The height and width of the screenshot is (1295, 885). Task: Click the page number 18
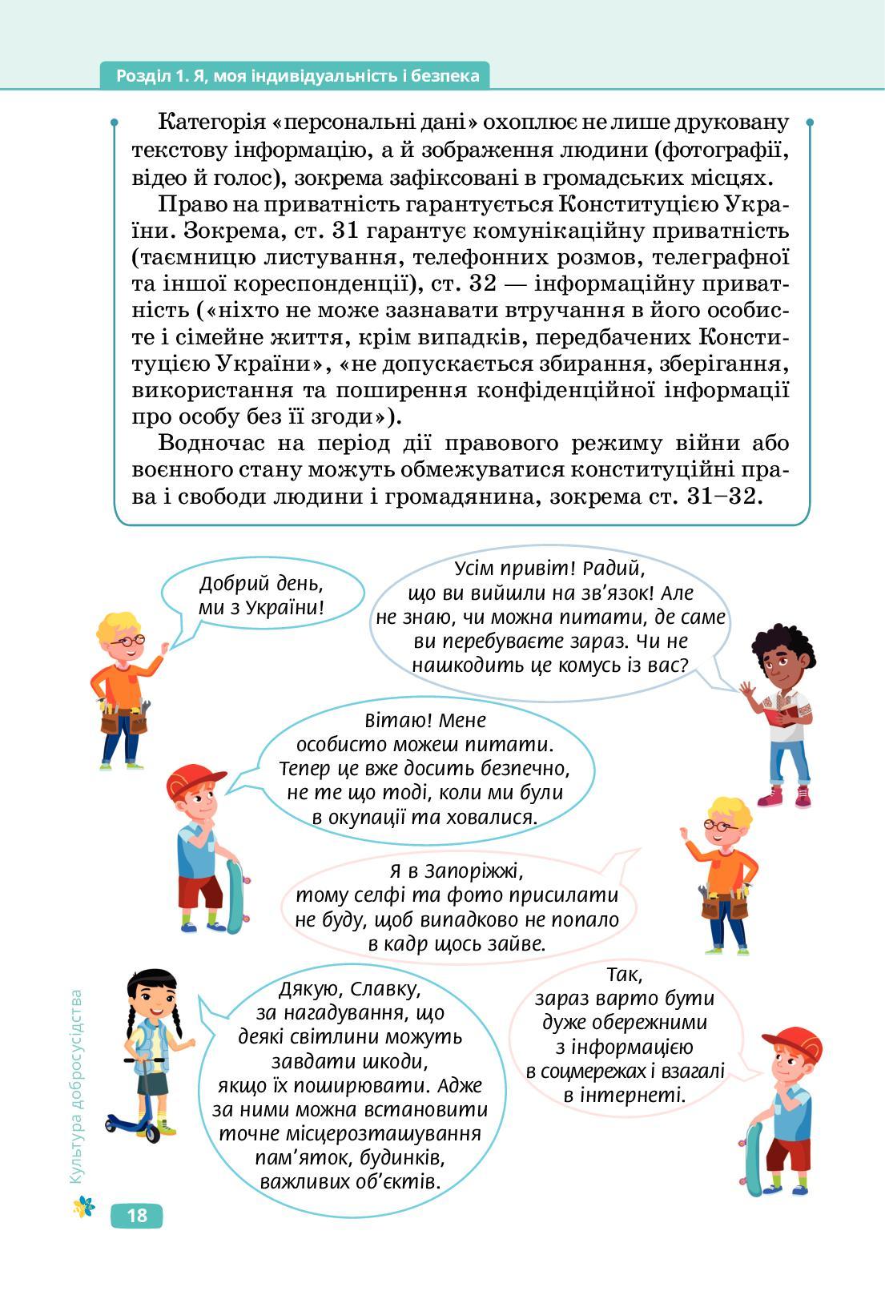point(137,1215)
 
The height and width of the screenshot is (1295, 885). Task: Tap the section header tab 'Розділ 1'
point(296,76)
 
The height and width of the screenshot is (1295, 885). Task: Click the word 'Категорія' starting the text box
point(211,123)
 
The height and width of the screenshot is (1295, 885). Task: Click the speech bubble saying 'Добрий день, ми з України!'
point(261,595)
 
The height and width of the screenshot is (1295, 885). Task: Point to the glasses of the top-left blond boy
point(126,641)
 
